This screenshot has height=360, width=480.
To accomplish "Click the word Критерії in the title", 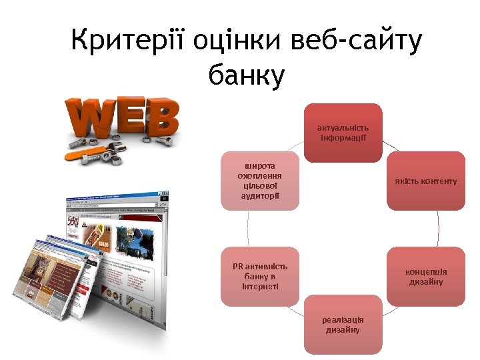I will [x=127, y=43].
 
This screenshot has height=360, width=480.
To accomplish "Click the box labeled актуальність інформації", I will [x=343, y=133].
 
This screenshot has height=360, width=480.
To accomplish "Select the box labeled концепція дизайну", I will [x=425, y=276].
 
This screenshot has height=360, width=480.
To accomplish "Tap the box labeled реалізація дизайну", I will [x=343, y=325].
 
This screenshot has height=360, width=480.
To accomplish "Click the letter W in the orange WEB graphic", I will [x=87, y=119].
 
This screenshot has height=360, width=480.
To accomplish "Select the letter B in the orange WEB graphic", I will [x=164, y=119].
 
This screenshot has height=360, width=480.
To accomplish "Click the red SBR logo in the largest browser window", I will [x=73, y=222].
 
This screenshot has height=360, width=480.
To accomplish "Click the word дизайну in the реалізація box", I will [x=343, y=330].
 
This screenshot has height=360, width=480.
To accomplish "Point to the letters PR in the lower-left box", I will [x=238, y=267].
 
